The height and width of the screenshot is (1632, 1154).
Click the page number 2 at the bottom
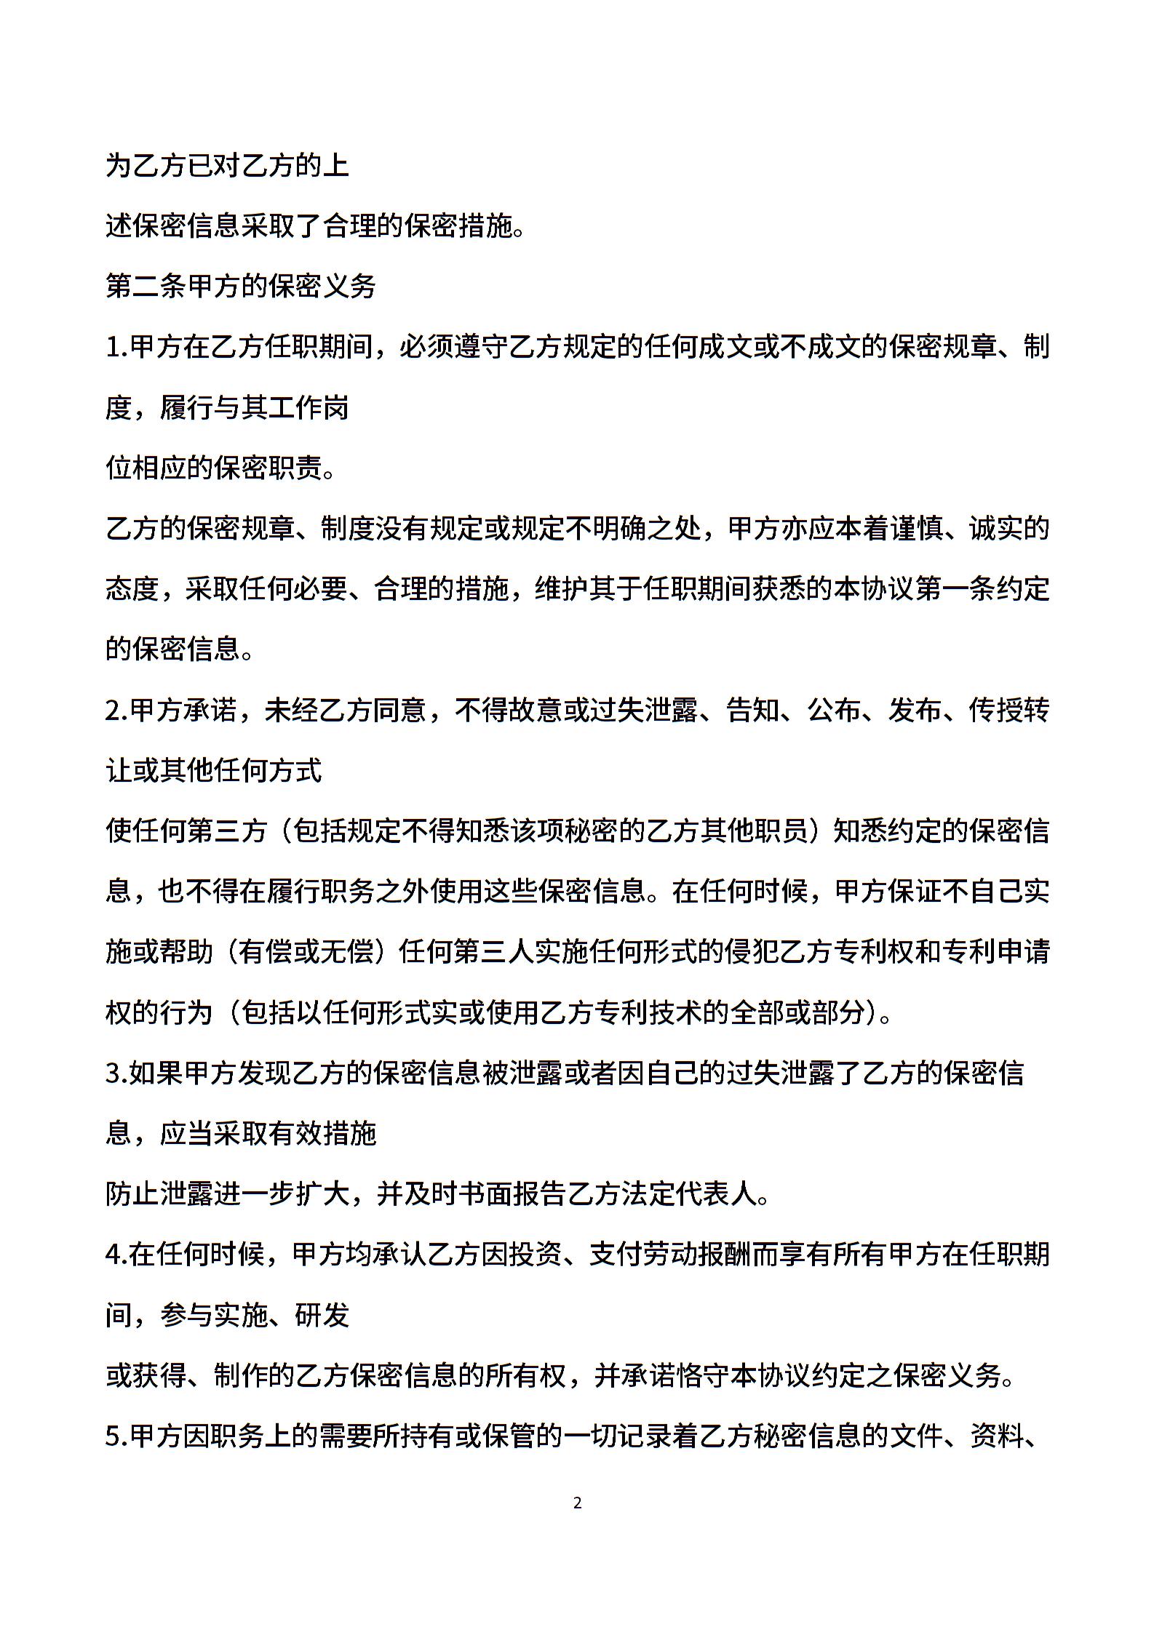coord(577,1503)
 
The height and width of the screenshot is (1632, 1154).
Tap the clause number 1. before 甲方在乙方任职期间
coord(117,347)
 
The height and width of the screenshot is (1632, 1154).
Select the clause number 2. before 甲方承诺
coord(117,710)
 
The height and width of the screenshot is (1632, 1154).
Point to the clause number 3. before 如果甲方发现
coord(117,1073)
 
